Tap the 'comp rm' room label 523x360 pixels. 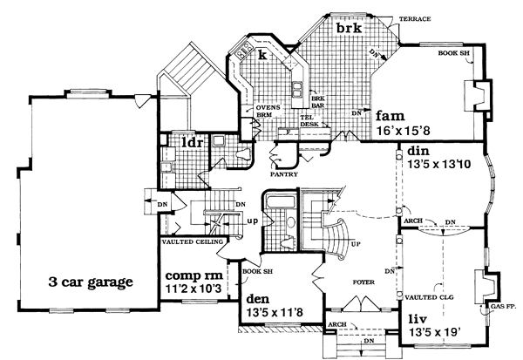point(183,271)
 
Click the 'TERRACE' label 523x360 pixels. point(416,18)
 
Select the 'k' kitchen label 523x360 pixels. point(261,55)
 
